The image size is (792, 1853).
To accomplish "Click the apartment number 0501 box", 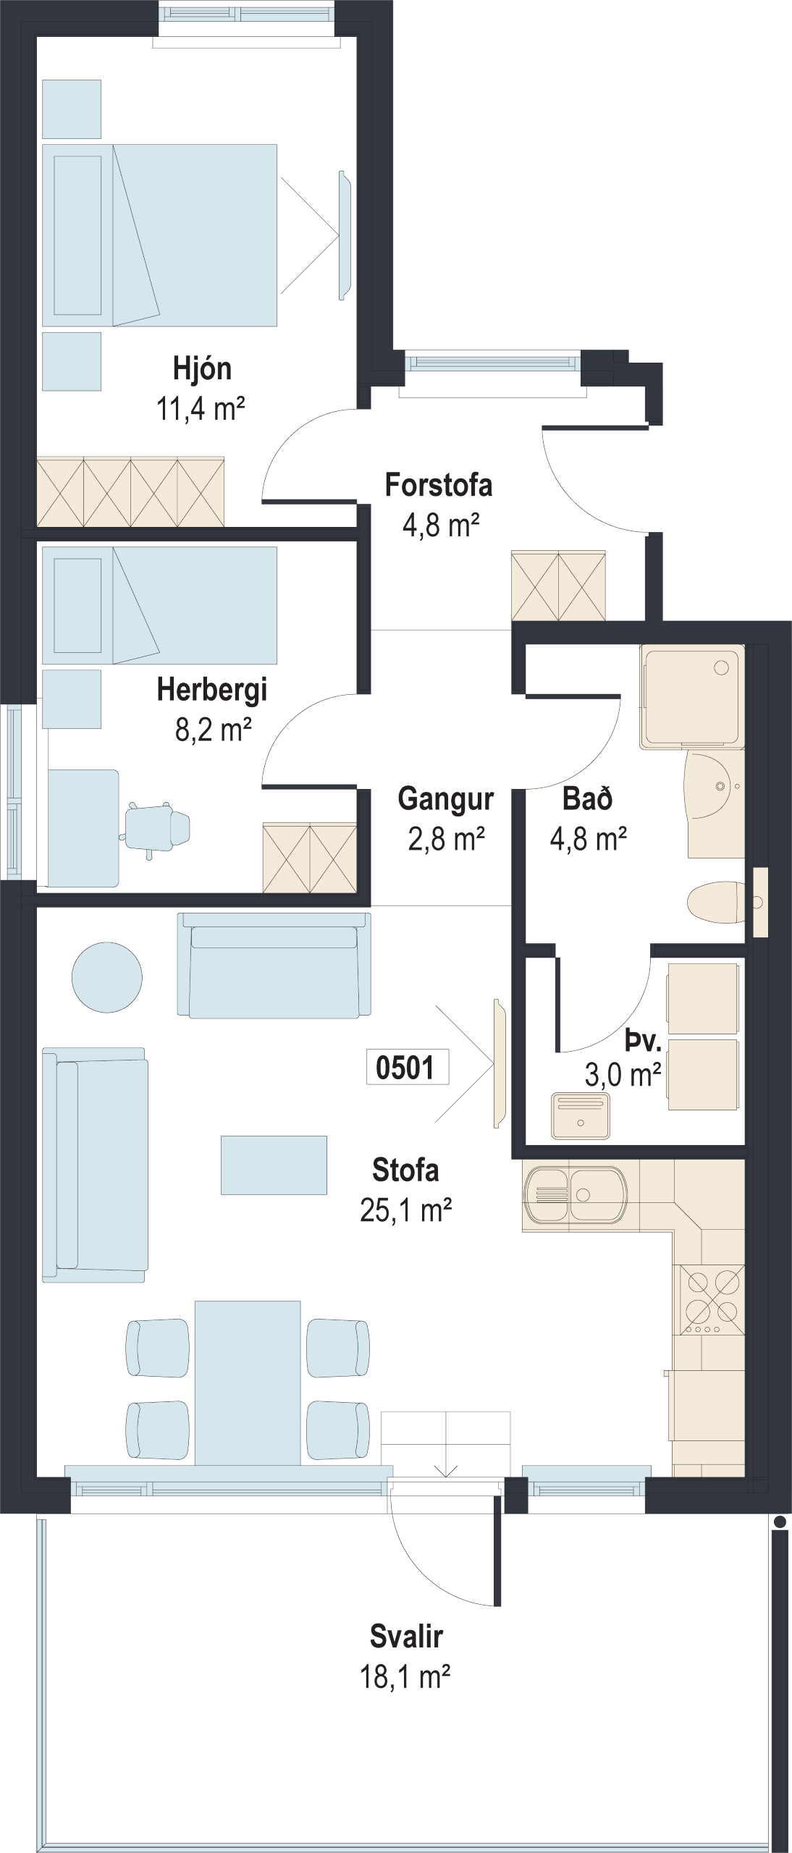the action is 408,1068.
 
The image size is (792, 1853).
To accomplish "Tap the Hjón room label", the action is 202,368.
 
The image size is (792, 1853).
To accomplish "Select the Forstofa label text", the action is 439,485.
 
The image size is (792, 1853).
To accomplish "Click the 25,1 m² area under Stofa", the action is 406,1210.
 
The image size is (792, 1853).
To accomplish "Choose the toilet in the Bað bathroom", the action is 715,902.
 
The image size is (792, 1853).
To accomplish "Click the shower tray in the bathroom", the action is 692,697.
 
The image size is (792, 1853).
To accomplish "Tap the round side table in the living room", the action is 107,977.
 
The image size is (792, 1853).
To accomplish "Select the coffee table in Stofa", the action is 274,1165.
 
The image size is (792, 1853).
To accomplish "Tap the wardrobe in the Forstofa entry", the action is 558,586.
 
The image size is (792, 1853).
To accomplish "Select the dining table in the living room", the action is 248,1383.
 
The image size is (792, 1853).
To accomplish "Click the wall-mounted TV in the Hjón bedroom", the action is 345,235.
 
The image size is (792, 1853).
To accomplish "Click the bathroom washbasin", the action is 715,786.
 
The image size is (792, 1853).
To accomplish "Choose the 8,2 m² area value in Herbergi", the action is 214,729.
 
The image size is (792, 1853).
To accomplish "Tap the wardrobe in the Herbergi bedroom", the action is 310,858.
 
